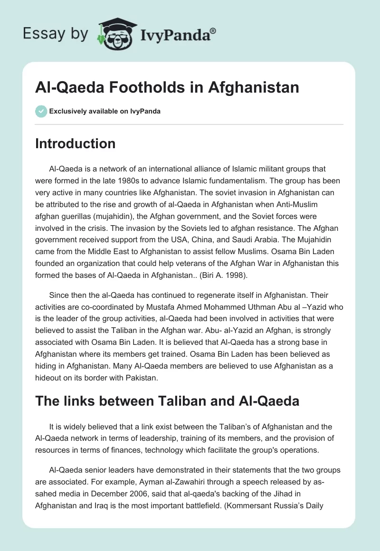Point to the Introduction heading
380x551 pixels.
[x=75, y=143]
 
